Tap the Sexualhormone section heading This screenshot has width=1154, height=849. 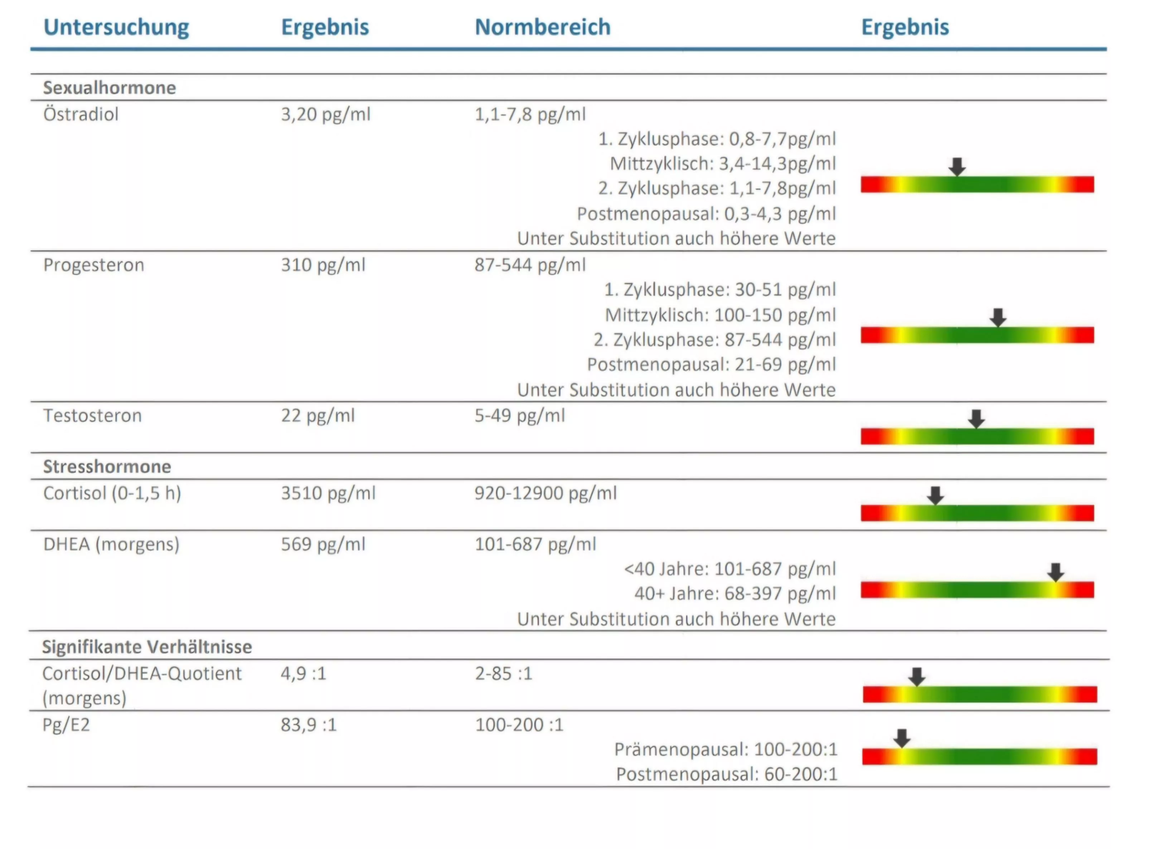coord(110,88)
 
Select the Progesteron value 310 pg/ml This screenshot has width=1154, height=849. coord(323,265)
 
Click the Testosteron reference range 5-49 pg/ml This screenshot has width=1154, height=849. coord(519,416)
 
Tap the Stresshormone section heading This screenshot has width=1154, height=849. coord(107,467)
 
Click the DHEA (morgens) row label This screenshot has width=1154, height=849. coord(111,544)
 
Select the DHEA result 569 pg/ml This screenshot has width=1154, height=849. coord(323,544)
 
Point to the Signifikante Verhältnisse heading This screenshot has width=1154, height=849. coord(147,647)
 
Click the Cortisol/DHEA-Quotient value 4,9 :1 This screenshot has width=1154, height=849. coord(303,674)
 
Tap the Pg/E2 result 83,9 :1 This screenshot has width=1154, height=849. coord(308,725)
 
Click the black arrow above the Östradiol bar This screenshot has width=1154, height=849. coord(956,167)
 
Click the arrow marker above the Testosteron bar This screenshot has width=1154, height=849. coord(976,418)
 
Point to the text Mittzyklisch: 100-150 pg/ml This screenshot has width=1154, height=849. coord(720,315)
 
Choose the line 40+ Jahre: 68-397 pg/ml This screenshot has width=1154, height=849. coord(734,594)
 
